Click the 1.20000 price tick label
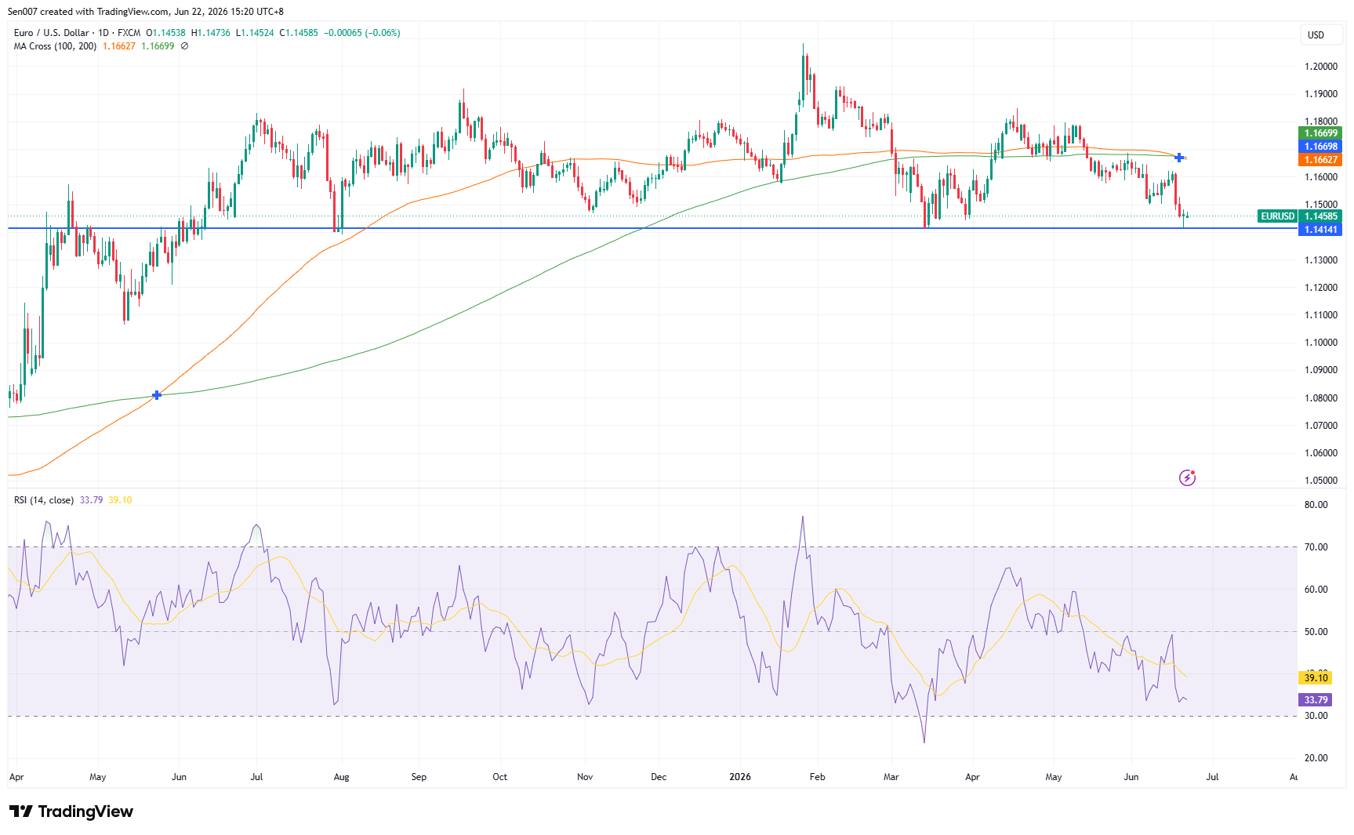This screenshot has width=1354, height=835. click(x=1321, y=67)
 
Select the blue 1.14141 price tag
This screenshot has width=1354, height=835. click(x=1321, y=230)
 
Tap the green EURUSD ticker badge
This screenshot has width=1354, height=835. click(x=1277, y=216)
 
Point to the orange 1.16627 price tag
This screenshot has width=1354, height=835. click(x=1321, y=160)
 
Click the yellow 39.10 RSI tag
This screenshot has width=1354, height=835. click(x=1316, y=677)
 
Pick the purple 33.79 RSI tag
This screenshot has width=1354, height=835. click(x=1316, y=700)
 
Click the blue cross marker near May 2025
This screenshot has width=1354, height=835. click(x=157, y=395)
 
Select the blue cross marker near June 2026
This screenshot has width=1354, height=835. click(x=1179, y=158)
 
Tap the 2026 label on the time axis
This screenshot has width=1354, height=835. click(x=740, y=777)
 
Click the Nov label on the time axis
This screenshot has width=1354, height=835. click(x=585, y=777)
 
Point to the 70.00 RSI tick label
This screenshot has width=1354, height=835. click(x=1316, y=547)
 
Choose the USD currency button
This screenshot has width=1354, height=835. click(x=1316, y=34)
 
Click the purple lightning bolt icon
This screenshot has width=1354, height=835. click(x=1187, y=477)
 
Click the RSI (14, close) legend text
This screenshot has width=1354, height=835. click(x=44, y=500)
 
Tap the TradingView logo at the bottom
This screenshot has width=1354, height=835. click(x=71, y=811)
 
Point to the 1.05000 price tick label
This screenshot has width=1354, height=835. click(x=1321, y=481)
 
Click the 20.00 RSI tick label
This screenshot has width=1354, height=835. click(x=1316, y=758)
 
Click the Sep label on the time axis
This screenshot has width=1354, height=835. click(x=419, y=777)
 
